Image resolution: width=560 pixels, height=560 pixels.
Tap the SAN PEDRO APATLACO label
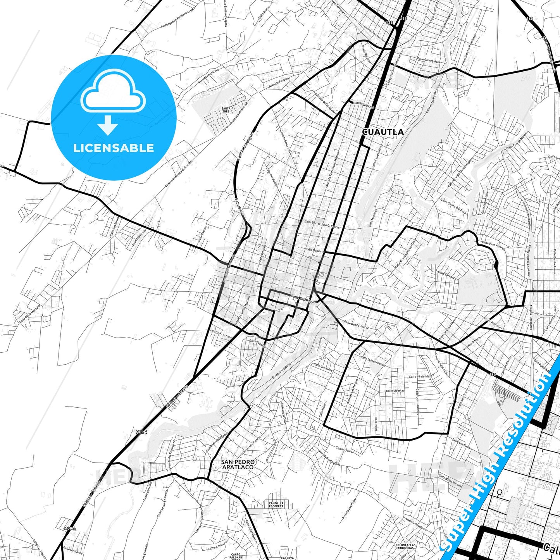click(238, 464)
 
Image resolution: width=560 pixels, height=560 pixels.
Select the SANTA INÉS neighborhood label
click(226, 110)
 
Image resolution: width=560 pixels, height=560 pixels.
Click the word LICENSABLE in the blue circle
click(114, 148)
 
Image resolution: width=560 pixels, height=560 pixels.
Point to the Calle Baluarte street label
click(315, 251)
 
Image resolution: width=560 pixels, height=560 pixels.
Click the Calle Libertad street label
click(395, 391)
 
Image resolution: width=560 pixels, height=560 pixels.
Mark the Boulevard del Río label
click(281, 371)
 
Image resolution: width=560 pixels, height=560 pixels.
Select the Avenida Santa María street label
click(329, 458)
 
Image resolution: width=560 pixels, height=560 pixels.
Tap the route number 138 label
click(389, 23)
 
